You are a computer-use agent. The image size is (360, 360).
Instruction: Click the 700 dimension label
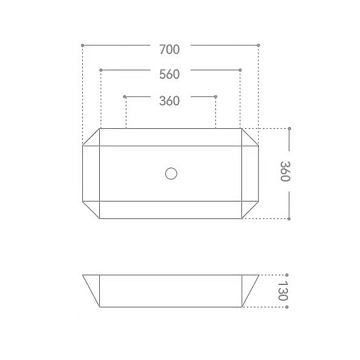pos(169,50)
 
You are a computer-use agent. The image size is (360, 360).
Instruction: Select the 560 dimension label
pos(169,74)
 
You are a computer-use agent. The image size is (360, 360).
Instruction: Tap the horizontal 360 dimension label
pos(169,101)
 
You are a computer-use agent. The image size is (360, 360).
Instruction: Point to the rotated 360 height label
pos(286,171)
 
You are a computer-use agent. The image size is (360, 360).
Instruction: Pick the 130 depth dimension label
pos(283,291)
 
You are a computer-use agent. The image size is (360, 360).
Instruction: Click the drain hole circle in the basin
pos(171,174)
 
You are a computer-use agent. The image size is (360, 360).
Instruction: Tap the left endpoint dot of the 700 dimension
pos(82,45)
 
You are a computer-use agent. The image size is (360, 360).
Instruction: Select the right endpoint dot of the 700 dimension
pos(258,45)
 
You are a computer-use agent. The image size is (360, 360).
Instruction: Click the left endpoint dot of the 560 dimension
pos(101,70)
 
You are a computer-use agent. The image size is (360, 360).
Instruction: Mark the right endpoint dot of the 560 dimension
pos(240,70)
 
